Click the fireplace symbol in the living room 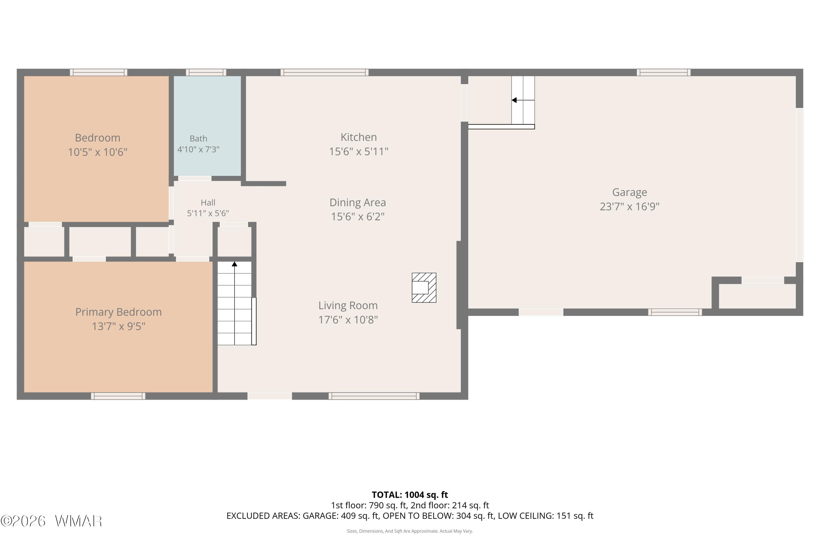click(x=424, y=288)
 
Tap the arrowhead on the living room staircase click(x=235, y=264)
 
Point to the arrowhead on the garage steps click(x=514, y=100)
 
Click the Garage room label click(x=630, y=192)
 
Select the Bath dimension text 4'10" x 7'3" click(x=198, y=149)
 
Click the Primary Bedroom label click(x=119, y=312)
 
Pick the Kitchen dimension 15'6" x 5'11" click(x=359, y=152)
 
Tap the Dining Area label click(x=358, y=202)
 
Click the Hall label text click(x=208, y=203)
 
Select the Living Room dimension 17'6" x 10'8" click(x=348, y=320)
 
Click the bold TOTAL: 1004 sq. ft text click(x=410, y=495)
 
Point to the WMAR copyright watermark click(x=51, y=521)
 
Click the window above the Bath click(x=206, y=72)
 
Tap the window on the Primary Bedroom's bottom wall click(x=118, y=396)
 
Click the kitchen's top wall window click(x=325, y=72)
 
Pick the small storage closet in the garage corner click(x=757, y=296)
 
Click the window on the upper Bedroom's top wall click(x=99, y=72)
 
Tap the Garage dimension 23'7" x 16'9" click(x=630, y=206)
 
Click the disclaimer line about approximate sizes click(x=410, y=531)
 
